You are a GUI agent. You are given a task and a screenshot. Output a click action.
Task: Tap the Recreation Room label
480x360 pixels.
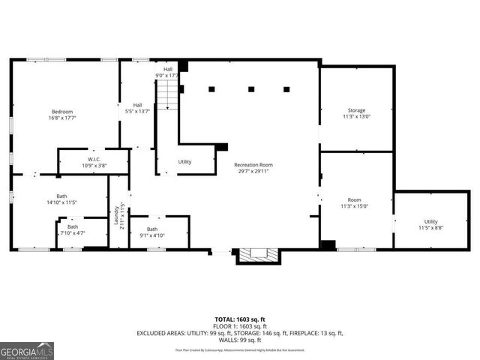point(253,164)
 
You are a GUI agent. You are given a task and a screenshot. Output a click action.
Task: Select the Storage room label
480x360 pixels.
point(356,110)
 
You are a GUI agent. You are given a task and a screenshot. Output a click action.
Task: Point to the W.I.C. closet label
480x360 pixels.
point(94,159)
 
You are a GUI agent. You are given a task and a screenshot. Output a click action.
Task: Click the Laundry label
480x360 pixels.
point(117,216)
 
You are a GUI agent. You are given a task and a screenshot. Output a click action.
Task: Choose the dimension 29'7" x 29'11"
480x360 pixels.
point(253,171)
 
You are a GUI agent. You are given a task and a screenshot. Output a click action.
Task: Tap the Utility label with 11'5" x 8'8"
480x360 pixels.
point(430,221)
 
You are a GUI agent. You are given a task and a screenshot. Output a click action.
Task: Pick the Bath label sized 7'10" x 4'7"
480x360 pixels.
point(73,226)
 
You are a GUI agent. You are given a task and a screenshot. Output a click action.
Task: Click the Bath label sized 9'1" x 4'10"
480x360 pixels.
point(152,229)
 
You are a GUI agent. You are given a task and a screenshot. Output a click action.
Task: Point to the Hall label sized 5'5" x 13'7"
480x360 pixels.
point(138,105)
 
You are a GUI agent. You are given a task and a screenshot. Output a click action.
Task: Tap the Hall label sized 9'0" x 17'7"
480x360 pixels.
point(168,69)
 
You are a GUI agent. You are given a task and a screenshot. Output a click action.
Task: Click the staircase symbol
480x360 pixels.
point(169,93)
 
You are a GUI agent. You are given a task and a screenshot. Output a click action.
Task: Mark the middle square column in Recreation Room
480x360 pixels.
point(250,89)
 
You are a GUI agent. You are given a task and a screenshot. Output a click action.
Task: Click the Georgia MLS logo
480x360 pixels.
point(27,349)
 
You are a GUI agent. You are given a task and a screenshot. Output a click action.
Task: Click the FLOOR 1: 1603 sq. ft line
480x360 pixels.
point(239,326)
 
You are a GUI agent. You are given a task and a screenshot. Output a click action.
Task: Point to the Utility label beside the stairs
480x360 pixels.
point(184,161)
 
